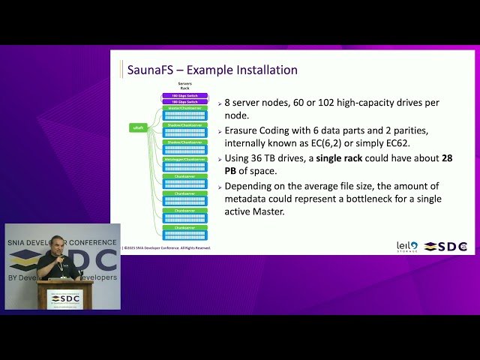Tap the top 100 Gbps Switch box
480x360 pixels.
184,95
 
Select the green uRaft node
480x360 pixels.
138,128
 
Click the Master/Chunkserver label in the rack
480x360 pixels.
184,108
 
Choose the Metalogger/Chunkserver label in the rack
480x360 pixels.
184,159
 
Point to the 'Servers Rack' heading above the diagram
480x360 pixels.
184,85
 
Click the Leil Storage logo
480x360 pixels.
407,246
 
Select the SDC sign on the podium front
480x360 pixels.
65,298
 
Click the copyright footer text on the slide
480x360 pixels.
167,247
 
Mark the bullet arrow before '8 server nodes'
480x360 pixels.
220,103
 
